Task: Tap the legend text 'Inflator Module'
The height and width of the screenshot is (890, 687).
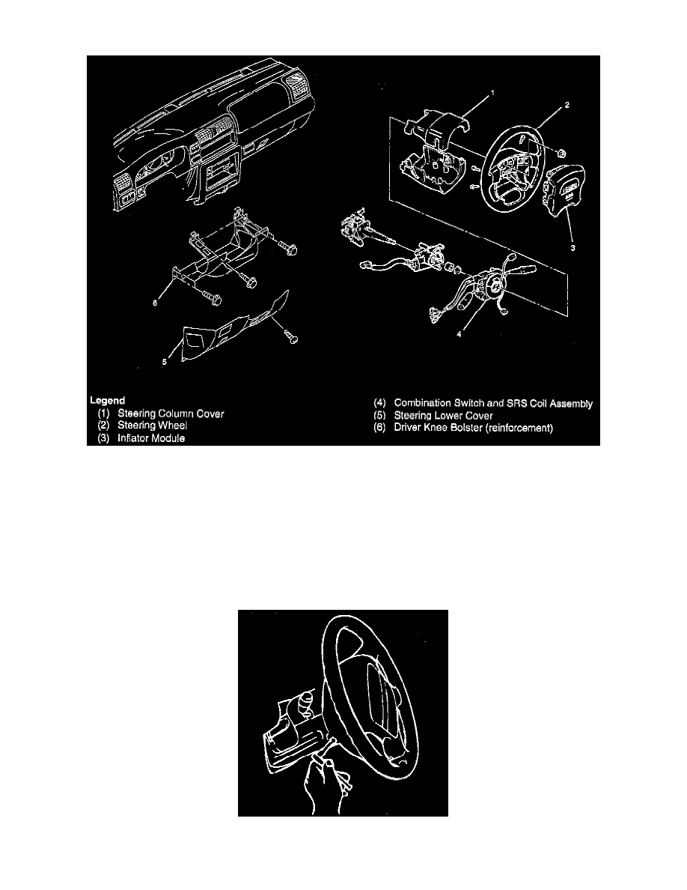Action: (x=151, y=438)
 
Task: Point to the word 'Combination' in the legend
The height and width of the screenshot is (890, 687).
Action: (x=428, y=403)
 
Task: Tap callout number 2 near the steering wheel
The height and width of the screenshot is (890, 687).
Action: (x=567, y=106)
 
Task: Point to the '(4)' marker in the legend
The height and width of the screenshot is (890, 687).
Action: (x=381, y=403)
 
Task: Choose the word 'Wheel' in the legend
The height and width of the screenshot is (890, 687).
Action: (x=177, y=426)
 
